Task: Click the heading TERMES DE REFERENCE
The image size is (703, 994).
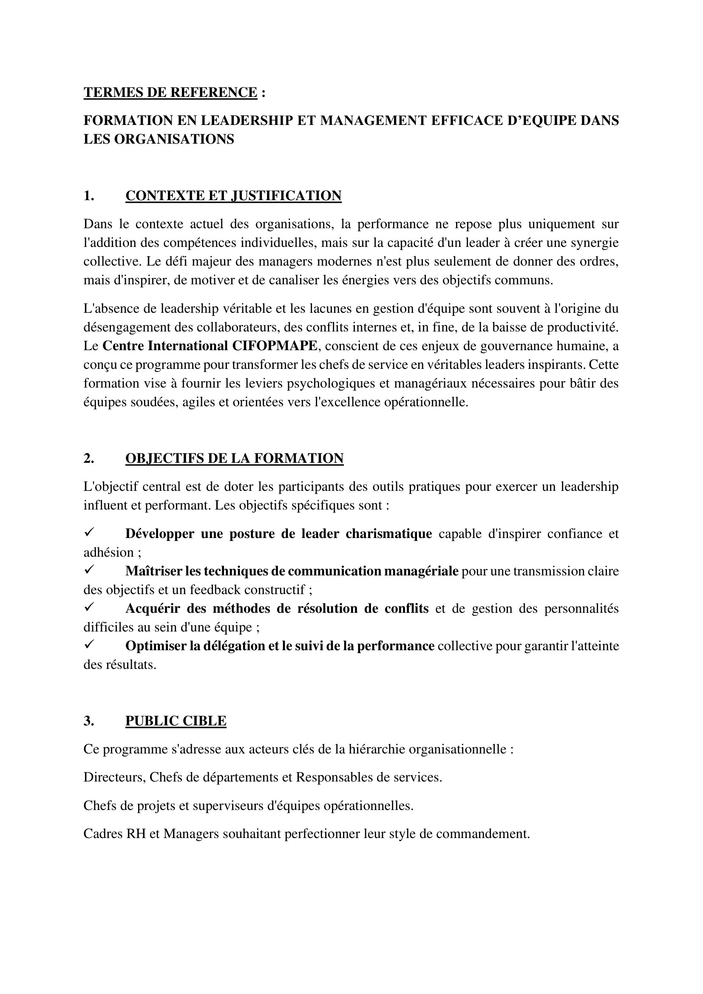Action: pyautogui.click(x=170, y=93)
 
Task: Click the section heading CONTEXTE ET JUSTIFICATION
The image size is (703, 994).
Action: pyautogui.click(x=233, y=196)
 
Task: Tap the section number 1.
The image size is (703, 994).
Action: pyautogui.click(x=89, y=196)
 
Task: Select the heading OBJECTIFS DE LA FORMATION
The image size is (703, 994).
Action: pyautogui.click(x=234, y=459)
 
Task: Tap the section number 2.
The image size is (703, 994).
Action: pyautogui.click(x=89, y=459)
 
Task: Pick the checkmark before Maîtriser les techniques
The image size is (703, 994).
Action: pyautogui.click(x=89, y=571)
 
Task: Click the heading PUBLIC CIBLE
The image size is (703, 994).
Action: pyautogui.click(x=176, y=721)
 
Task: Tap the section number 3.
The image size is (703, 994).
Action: pyautogui.click(x=89, y=721)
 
